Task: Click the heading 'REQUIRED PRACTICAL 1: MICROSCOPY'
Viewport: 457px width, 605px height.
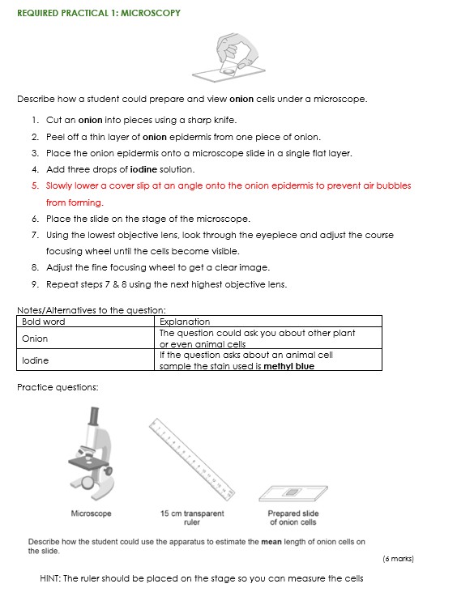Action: (98, 13)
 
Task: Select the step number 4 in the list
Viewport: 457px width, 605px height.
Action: (36, 169)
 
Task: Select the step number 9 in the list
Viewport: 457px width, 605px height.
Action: (36, 283)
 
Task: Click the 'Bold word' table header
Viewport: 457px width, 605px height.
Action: (43, 322)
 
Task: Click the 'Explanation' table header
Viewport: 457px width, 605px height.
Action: (184, 322)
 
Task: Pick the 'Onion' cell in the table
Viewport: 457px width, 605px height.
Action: (35, 339)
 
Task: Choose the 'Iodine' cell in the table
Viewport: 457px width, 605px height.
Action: (35, 360)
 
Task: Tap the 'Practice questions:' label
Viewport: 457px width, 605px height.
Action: (58, 387)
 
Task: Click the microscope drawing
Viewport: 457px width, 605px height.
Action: (92, 457)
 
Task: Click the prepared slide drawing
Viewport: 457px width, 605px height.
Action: (292, 492)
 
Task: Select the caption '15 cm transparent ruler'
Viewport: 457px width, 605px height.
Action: (191, 518)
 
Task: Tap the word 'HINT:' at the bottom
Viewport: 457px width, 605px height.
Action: (49, 578)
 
